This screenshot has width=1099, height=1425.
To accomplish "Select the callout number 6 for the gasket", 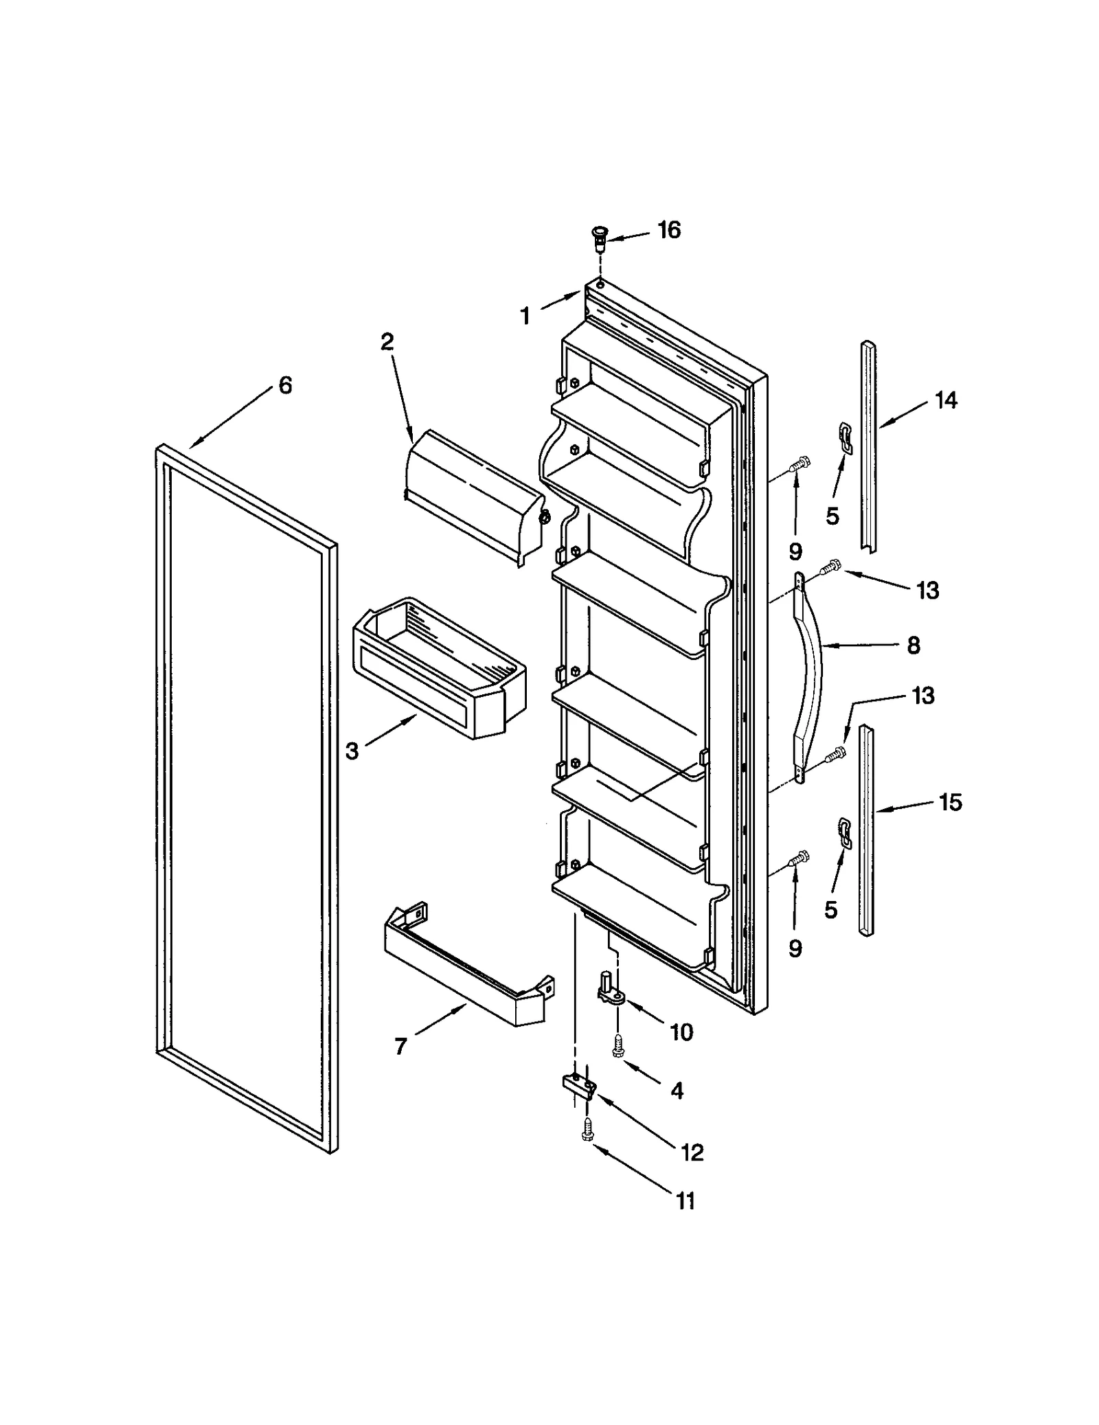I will pyautogui.click(x=285, y=385).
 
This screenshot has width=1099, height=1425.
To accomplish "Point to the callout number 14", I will pyautogui.click(x=946, y=400).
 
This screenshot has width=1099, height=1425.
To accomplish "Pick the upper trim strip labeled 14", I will pyautogui.click(x=869, y=446).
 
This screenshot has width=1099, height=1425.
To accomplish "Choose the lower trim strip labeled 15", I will pyautogui.click(x=866, y=831).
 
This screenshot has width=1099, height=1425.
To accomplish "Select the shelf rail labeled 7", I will pyautogui.click(x=467, y=968).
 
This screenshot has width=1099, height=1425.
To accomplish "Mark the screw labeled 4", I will pyautogui.click(x=618, y=1046).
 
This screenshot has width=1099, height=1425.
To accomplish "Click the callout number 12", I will pyautogui.click(x=692, y=1152).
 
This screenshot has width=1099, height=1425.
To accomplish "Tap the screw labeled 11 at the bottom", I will pyautogui.click(x=587, y=1130).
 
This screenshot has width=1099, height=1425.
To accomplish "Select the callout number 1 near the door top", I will pyautogui.click(x=525, y=317).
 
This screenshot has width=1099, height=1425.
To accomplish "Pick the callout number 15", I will pyautogui.click(x=950, y=801).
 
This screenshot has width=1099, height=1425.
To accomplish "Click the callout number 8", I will pyautogui.click(x=913, y=645).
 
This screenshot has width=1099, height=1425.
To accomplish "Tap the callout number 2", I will pyautogui.click(x=387, y=341).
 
